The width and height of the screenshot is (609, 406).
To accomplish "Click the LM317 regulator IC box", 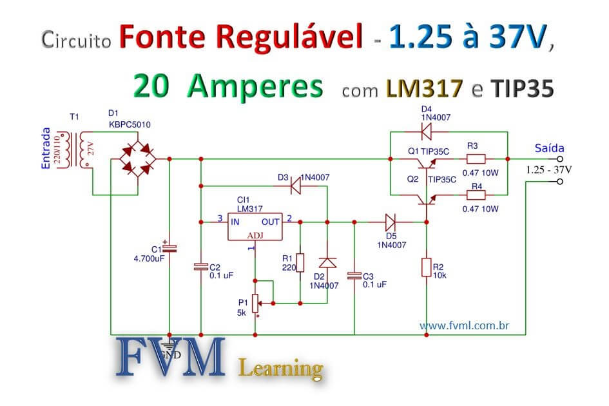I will click(x=255, y=227).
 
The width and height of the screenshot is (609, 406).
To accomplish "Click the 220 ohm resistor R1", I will click(x=300, y=263).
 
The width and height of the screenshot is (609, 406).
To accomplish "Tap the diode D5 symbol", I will click(x=391, y=222).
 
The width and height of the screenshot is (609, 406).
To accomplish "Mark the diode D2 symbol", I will click(x=327, y=262).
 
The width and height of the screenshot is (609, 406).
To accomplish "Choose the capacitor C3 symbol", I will click(x=354, y=275).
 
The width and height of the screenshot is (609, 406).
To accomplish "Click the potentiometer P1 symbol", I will click(x=256, y=301).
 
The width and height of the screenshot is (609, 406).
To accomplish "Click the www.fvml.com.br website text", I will click(x=465, y=326).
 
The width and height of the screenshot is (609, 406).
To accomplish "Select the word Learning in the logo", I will click(x=280, y=369).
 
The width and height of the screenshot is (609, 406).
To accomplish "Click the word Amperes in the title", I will click(x=255, y=86).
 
